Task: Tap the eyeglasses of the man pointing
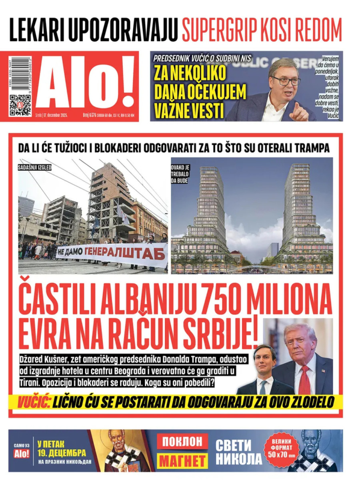pos(286,80)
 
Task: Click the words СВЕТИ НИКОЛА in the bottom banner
pos(238,452)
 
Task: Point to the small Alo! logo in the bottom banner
pos(22,454)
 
